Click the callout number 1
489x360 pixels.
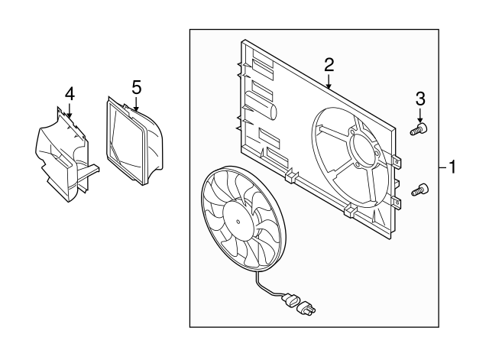pyautogui.click(x=452, y=167)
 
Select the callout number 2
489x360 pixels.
pyautogui.click(x=329, y=65)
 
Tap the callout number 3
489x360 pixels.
pyautogui.click(x=420, y=99)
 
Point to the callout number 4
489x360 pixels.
pyautogui.click(x=70, y=94)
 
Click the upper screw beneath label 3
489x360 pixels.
pyautogui.click(x=419, y=129)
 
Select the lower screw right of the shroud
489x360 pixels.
pyautogui.click(x=419, y=190)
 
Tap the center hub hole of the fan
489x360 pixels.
pyautogui.click(x=238, y=222)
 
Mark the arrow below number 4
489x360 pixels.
pyautogui.click(x=70, y=110)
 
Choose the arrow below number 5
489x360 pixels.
pyautogui.click(x=136, y=103)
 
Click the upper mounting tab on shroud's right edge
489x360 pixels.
pyautogui.click(x=397, y=161)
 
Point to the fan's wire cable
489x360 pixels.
pyautogui.click(x=265, y=289)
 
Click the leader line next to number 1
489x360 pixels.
pyautogui.click(x=443, y=168)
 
